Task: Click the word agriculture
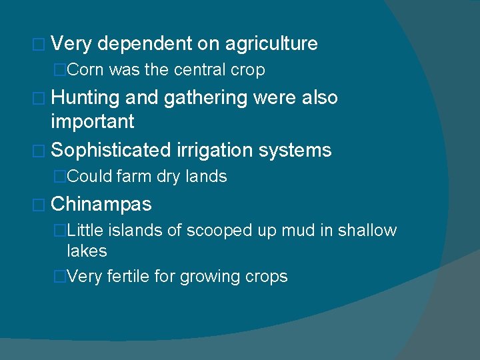(x=271, y=45)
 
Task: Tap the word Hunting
(x=85, y=98)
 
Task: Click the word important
(x=93, y=121)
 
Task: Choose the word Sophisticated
(x=111, y=151)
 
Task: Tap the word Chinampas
(x=101, y=204)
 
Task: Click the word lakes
(x=87, y=251)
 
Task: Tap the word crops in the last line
(x=266, y=277)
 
